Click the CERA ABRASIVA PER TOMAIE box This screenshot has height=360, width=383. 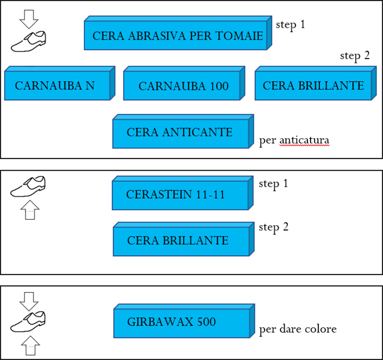pyautogui.click(x=177, y=36)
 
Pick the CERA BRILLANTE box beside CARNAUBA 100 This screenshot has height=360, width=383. pyautogui.click(x=313, y=85)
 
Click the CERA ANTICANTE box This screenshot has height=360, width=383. pyautogui.click(x=180, y=133)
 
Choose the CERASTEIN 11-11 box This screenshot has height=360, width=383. pyautogui.click(x=180, y=195)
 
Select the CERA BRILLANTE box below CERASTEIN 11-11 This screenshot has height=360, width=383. pyautogui.click(x=180, y=241)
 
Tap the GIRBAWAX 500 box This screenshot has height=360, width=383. pyautogui.click(x=180, y=323)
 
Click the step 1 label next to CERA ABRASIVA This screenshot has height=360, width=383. pyautogui.click(x=290, y=24)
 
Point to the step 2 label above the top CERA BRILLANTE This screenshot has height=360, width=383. pyautogui.click(x=355, y=56)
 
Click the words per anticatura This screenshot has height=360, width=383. pyautogui.click(x=294, y=140)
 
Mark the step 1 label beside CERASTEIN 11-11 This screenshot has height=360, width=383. pyautogui.click(x=273, y=184)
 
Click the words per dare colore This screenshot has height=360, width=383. pyautogui.click(x=298, y=329)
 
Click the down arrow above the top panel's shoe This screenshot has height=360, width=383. pyautogui.click(x=29, y=19)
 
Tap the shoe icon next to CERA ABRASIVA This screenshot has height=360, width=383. pyautogui.click(x=29, y=42)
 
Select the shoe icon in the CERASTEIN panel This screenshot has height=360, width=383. pyautogui.click(x=29, y=186)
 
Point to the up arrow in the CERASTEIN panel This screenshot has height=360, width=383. pyautogui.click(x=29, y=210)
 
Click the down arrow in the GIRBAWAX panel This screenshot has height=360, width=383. pyautogui.click(x=29, y=300)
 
